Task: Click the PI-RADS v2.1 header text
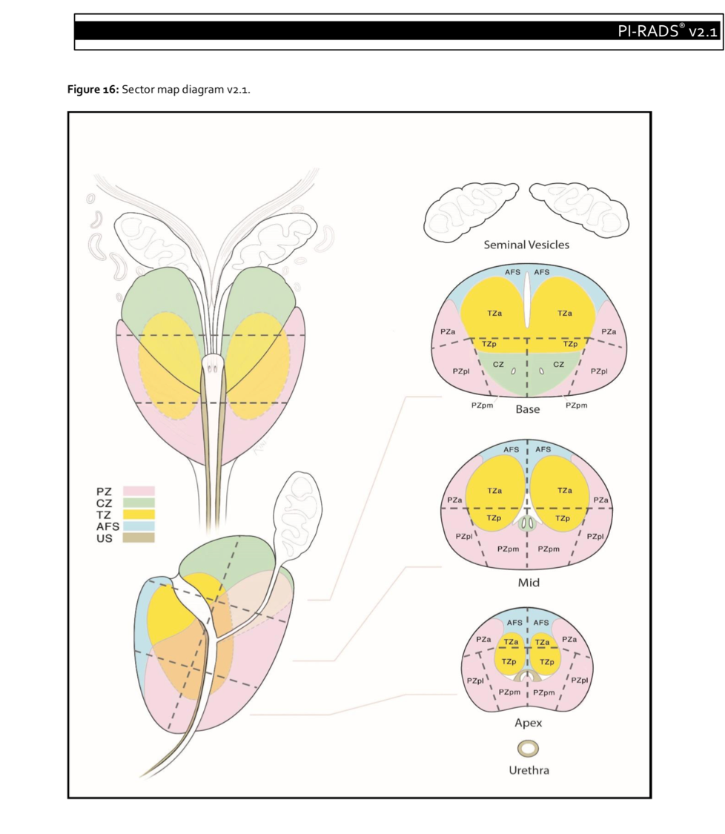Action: point(668,31)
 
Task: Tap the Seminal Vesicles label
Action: point(526,245)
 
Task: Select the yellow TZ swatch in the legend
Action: point(139,514)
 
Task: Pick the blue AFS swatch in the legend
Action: point(139,526)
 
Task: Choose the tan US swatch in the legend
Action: point(139,537)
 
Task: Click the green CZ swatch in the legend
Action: point(139,503)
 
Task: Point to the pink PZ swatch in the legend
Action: point(139,491)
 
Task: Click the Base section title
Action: point(527,409)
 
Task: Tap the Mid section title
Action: point(529,583)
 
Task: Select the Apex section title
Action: point(528,723)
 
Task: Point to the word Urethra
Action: point(529,770)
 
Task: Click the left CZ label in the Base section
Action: point(498,364)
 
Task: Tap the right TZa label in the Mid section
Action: point(565,491)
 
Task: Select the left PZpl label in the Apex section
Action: point(475,681)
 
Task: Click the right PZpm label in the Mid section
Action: point(549,549)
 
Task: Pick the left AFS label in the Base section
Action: point(513,272)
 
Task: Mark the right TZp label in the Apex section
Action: point(547,662)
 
